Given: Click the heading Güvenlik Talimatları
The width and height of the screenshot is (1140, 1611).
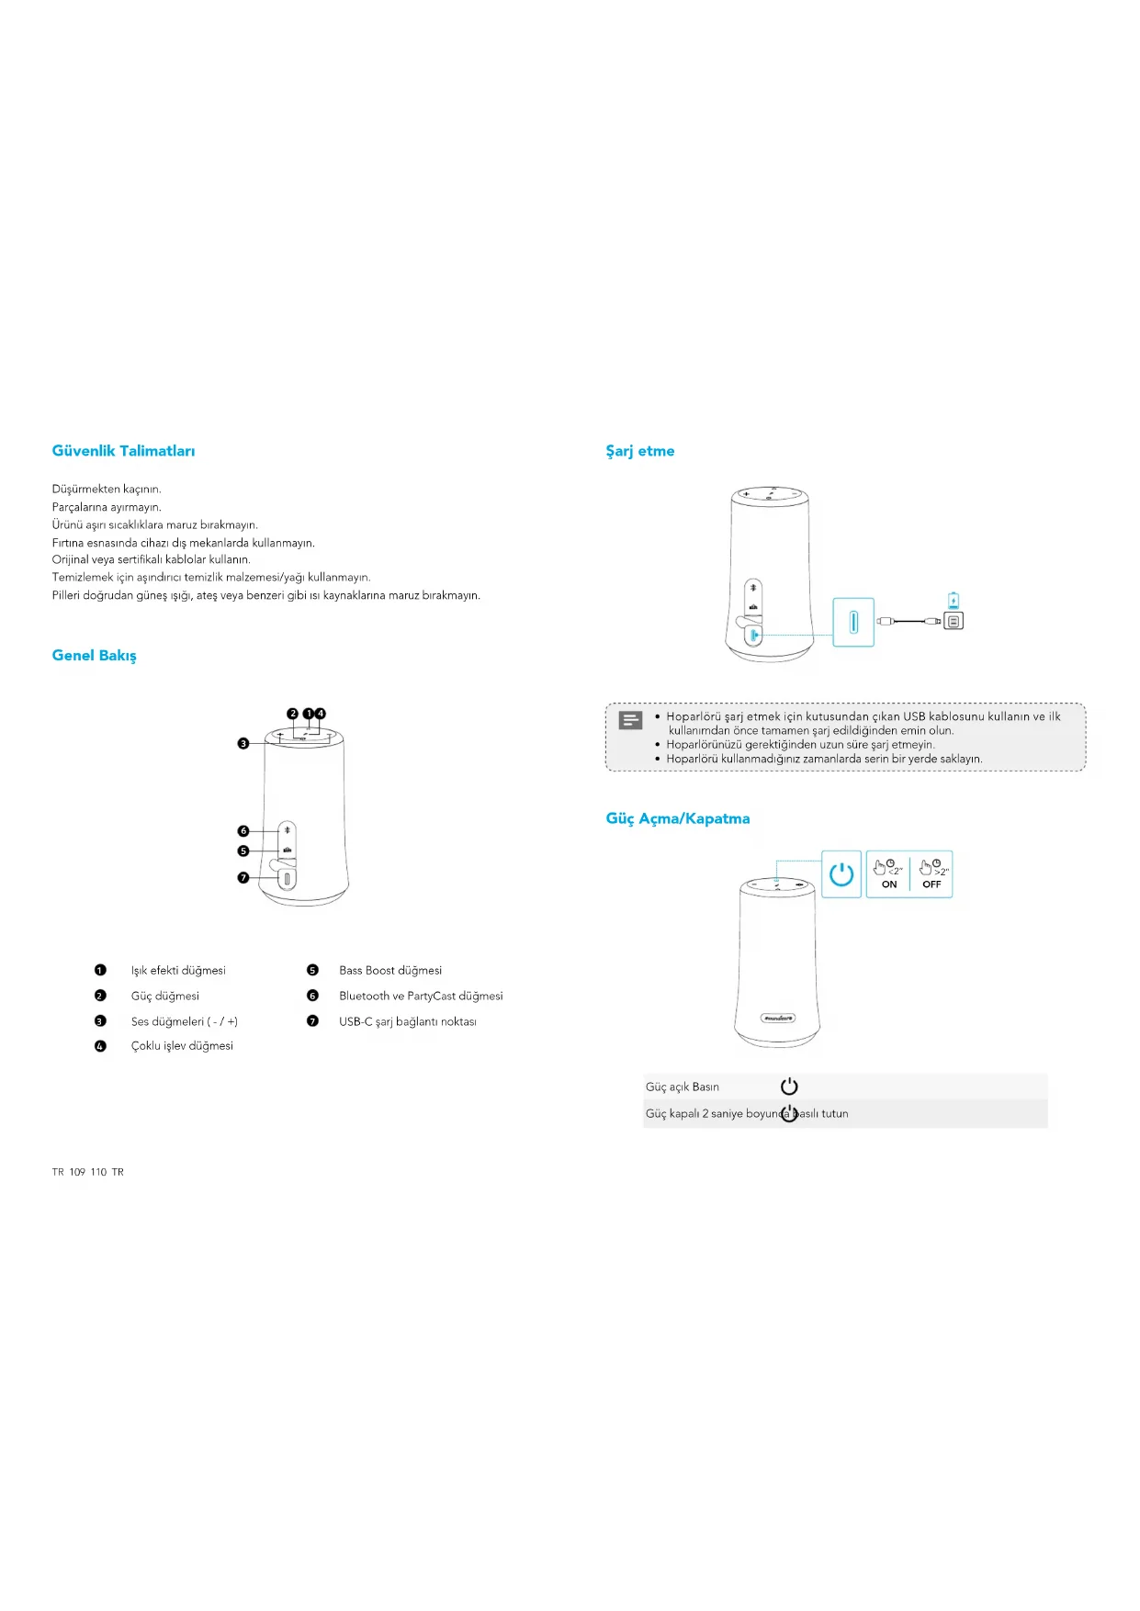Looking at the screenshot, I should [123, 451].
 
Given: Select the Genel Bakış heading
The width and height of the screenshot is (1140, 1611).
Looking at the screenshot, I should [94, 656].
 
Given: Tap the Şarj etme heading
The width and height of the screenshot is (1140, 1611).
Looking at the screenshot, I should [639, 451].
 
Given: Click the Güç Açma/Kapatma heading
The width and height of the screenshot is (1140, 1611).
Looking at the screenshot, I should [677, 818].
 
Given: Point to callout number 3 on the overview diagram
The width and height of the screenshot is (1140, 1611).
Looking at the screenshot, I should [243, 743].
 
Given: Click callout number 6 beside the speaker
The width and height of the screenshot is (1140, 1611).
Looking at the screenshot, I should [243, 831].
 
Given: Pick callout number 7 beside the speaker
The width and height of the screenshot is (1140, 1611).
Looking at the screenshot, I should [243, 878].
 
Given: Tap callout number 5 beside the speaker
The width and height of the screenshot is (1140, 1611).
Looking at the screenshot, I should [243, 851].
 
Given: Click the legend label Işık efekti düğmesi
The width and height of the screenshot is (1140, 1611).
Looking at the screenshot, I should [178, 971].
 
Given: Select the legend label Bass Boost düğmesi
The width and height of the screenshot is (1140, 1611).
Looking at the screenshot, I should [390, 971].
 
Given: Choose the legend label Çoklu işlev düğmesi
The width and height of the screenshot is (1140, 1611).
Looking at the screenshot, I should [182, 1046].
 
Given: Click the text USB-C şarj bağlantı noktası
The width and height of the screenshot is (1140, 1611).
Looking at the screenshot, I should [408, 1021].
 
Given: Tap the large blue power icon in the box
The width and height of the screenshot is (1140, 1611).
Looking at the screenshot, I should [841, 874].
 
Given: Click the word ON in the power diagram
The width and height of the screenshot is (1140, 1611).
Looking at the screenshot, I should [889, 884].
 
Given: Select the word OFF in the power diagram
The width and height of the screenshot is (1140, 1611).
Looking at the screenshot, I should [931, 884].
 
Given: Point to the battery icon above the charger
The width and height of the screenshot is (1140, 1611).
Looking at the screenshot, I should [954, 601].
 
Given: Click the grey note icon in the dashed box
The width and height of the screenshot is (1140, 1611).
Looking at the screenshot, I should [631, 720].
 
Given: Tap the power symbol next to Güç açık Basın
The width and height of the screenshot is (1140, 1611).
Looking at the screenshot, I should [789, 1087].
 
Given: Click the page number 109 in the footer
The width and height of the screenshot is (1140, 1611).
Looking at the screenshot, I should [77, 1172].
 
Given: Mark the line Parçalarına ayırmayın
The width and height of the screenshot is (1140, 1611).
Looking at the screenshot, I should [107, 507].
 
